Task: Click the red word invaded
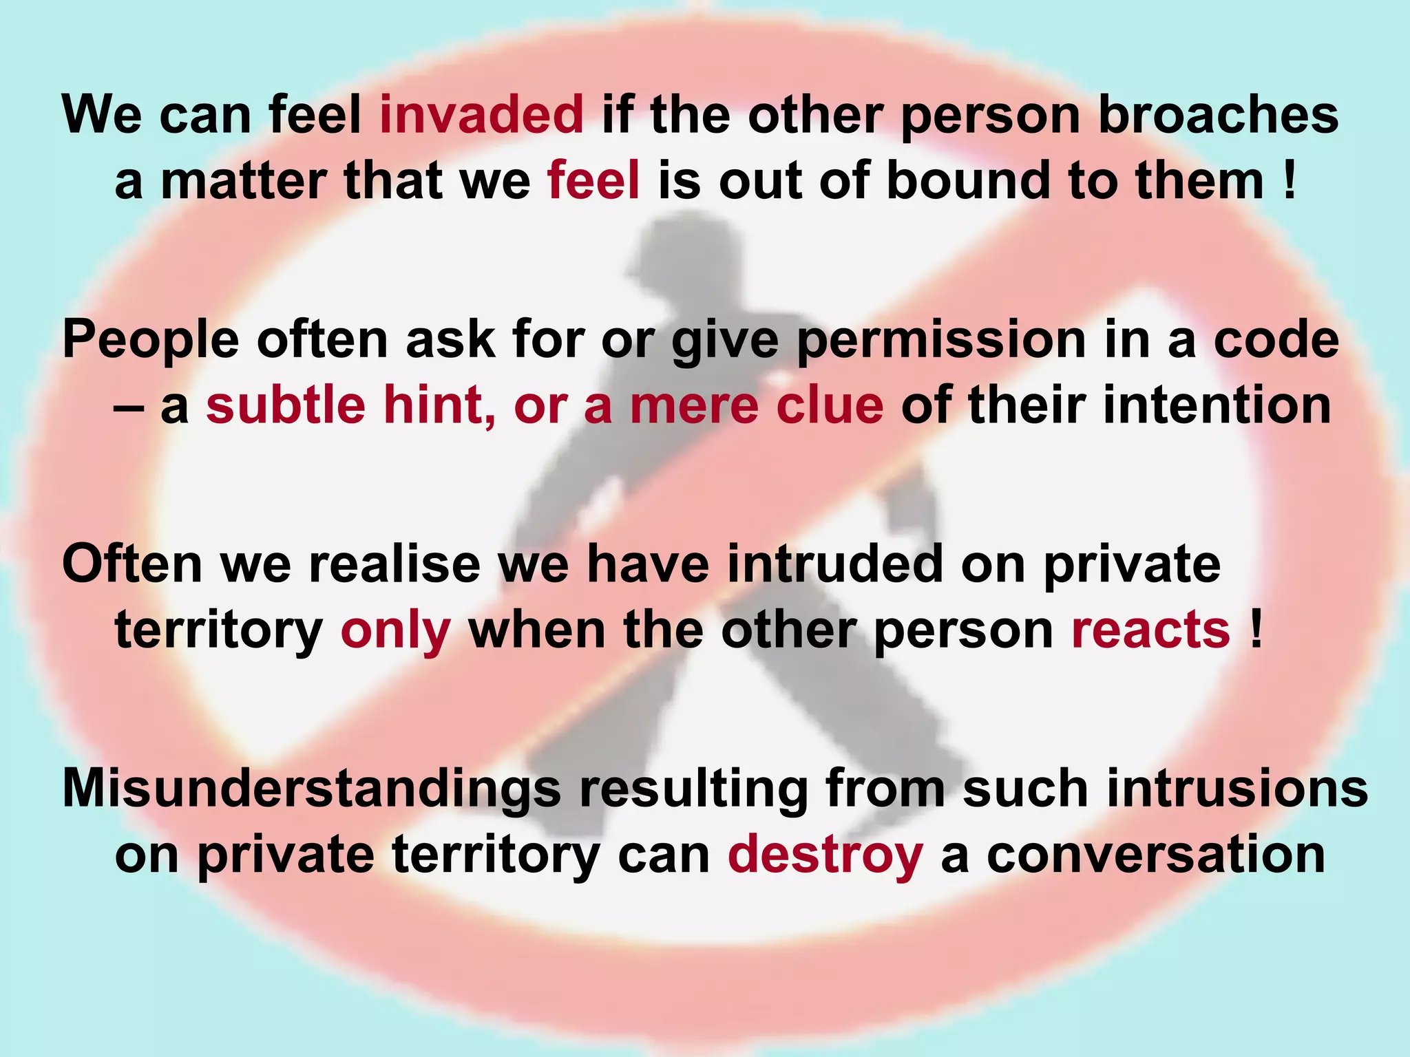481,114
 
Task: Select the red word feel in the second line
593,180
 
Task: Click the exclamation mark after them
1289,180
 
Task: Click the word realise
394,564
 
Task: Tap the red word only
396,631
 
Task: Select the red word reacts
1150,630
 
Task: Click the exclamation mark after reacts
1256,630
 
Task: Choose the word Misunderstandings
311,789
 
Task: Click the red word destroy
825,855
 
